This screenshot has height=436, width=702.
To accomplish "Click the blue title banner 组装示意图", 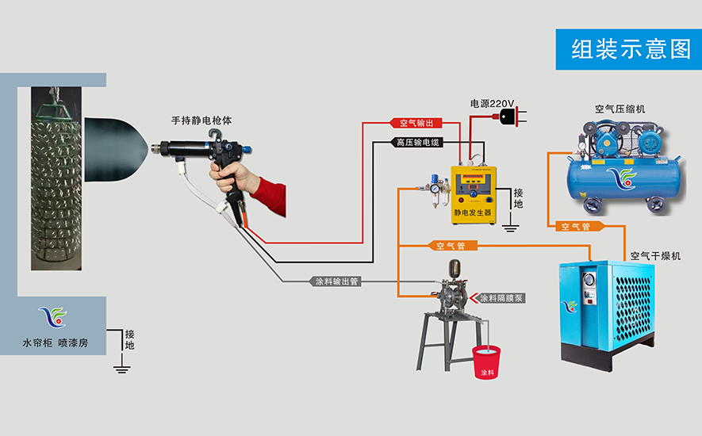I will (x=628, y=49).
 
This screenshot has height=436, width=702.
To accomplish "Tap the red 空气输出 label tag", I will (x=414, y=123).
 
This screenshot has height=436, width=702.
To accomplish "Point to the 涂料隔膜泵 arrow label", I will (x=502, y=299).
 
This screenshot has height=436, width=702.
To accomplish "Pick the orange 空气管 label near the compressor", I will (x=576, y=227).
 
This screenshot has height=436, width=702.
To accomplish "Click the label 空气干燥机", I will (x=654, y=256).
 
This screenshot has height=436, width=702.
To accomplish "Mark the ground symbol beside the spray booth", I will (x=121, y=365).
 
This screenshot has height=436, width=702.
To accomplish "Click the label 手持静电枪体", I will (x=202, y=121).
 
